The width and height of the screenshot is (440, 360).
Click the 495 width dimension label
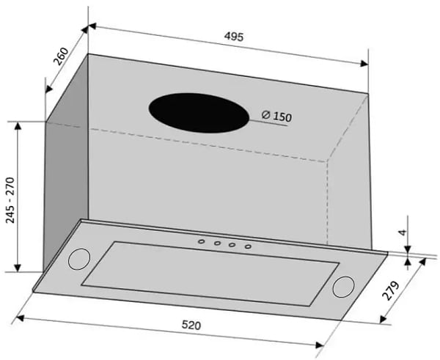pyautogui.click(x=234, y=37)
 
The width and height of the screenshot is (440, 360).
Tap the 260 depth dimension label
pyautogui.click(x=61, y=56)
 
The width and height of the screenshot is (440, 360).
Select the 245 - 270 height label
pyautogui.click(x=10, y=200)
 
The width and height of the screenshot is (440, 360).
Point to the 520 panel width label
pyautogui.click(x=191, y=325)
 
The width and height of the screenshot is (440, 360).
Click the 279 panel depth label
pyautogui.click(x=390, y=290)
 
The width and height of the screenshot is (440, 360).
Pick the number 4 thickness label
pyautogui.click(x=403, y=232)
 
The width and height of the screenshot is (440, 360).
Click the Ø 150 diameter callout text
pyautogui.click(x=276, y=116)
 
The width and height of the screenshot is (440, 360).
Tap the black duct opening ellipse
pyautogui.click(x=199, y=113)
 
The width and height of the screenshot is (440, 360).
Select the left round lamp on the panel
pyautogui.click(x=79, y=259)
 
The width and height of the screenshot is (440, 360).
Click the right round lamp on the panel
pyautogui.click(x=343, y=287)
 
